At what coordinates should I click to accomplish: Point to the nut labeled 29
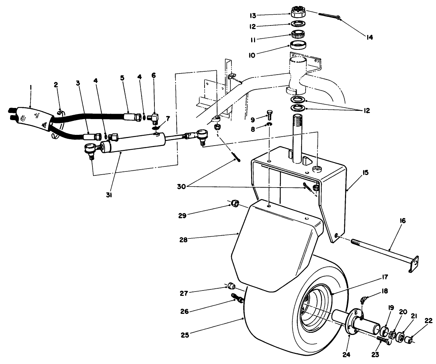(234, 204)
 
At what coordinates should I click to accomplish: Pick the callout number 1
(31, 86)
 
